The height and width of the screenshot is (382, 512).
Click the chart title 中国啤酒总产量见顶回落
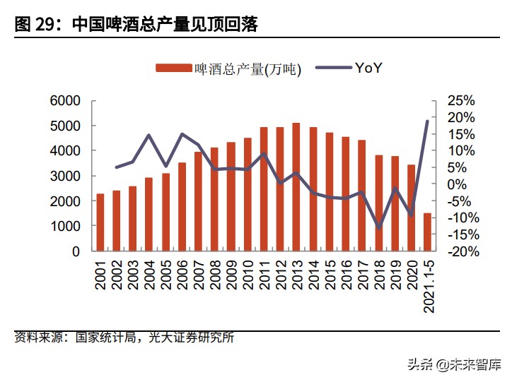[164, 25]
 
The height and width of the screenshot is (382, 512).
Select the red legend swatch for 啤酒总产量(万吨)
[173, 68]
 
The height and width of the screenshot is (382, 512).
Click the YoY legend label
[368, 68]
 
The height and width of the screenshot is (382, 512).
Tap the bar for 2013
[296, 187]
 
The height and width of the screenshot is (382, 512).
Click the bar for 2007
[198, 201]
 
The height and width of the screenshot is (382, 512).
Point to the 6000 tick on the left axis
[66, 100]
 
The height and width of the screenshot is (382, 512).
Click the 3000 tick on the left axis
[66, 176]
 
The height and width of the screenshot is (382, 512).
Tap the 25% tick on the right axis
[461, 100]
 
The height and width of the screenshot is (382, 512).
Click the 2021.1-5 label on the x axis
[428, 285]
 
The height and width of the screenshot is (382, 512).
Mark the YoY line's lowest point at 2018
[378, 227]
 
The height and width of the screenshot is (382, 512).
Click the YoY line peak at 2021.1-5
[427, 121]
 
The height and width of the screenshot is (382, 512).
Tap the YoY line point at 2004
[149, 135]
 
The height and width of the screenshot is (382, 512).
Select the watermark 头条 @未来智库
[452, 365]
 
